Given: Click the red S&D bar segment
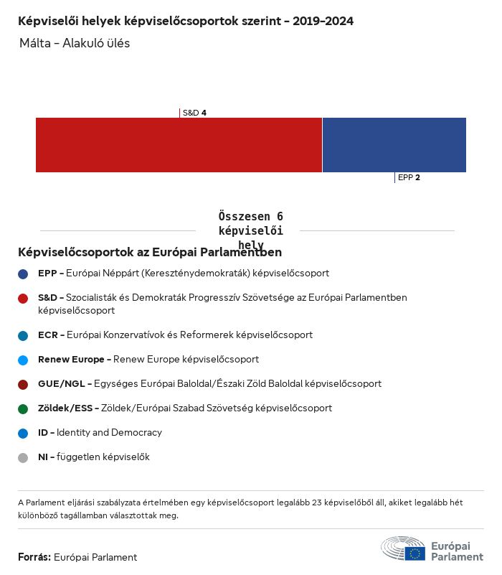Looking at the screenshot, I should click(x=179, y=145).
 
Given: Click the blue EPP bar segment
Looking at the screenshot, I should click(x=394, y=145).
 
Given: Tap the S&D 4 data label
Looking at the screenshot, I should click(x=194, y=113).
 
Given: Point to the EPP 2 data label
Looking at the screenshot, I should click(x=409, y=177).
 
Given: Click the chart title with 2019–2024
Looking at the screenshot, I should click(x=186, y=22).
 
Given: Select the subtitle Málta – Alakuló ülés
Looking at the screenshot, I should click(x=75, y=43).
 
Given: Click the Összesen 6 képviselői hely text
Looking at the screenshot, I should click(x=250, y=230).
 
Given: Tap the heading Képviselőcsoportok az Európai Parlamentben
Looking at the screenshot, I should click(x=150, y=252).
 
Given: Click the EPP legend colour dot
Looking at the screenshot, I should click(x=23, y=274).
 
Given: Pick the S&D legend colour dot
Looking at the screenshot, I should click(x=23, y=298).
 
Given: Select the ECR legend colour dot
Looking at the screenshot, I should click(x=23, y=335).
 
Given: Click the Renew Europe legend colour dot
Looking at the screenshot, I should click(x=23, y=360).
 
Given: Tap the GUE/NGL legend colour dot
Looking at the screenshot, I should click(x=23, y=384).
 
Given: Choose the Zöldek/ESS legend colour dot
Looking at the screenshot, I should click(x=23, y=408).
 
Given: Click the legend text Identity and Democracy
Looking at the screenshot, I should click(x=109, y=433).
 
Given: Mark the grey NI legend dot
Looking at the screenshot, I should click(x=23, y=457).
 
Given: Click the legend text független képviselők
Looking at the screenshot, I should click(x=103, y=457).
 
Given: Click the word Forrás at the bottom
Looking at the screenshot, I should click(x=34, y=557).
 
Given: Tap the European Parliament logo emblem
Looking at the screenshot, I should click(x=403, y=548).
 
